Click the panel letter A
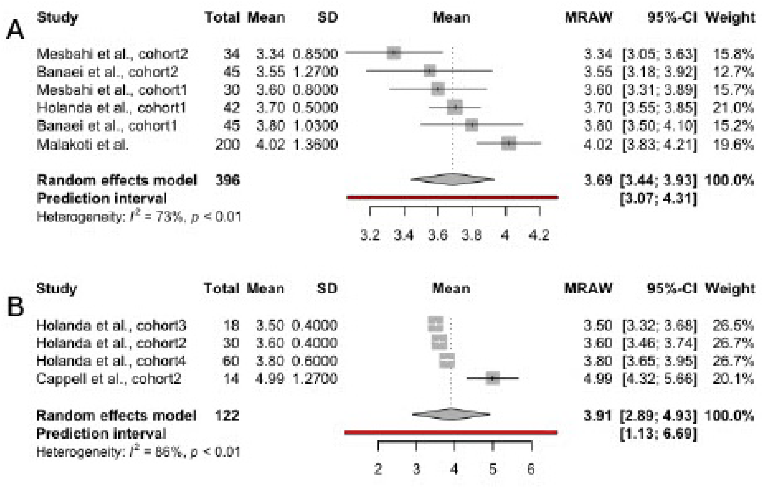(x=15, y=30)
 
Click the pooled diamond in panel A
(x=453, y=180)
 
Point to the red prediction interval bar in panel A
(x=453, y=198)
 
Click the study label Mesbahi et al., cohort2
(x=112, y=54)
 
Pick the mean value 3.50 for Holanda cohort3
(x=270, y=325)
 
